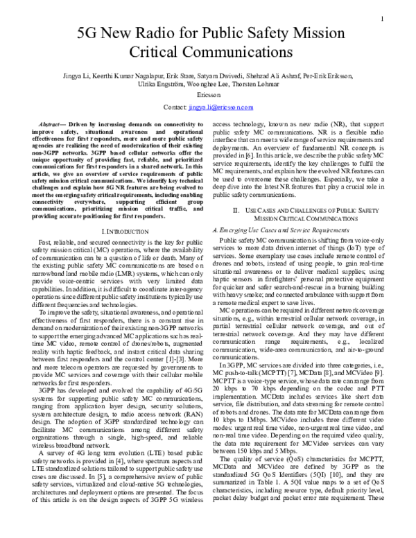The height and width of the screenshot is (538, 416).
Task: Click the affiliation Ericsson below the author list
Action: coord(207,97)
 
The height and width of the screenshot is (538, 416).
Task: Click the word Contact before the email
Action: coord(175,108)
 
